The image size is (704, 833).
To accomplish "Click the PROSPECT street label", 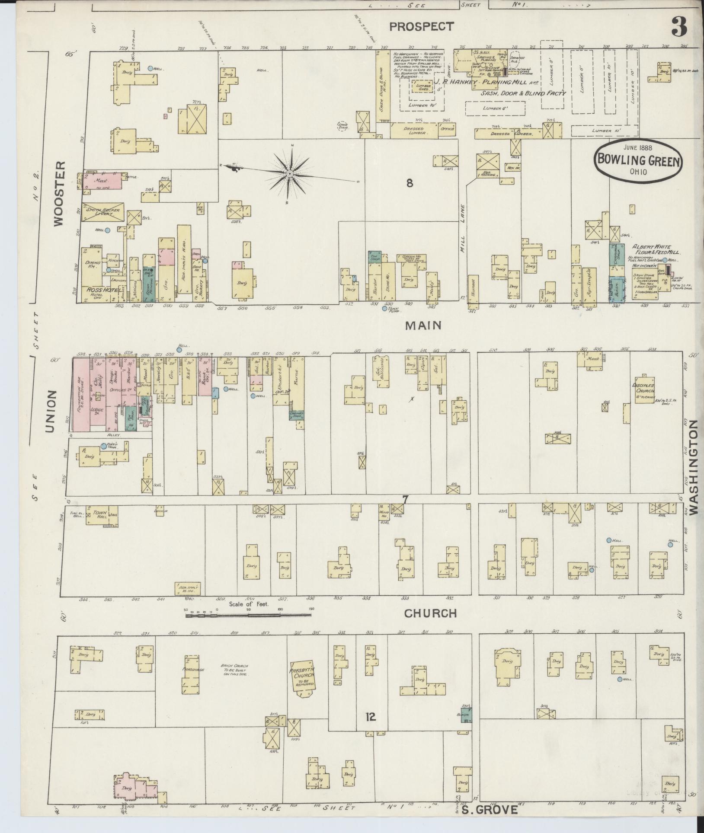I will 422,27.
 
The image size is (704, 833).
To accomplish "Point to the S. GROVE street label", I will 488,810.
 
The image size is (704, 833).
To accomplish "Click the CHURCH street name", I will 430,613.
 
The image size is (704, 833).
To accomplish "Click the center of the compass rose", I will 289,174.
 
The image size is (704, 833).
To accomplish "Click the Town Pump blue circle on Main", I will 384,309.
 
